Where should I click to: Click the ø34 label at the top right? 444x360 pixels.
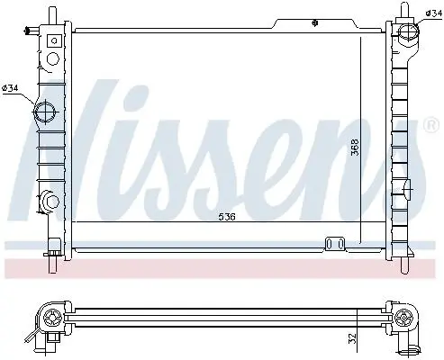[433, 13]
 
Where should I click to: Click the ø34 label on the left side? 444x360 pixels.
[10, 88]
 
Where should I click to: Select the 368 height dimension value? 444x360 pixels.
[355, 147]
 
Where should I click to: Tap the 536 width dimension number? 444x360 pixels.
[227, 216]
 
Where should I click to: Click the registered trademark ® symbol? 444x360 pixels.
[431, 125]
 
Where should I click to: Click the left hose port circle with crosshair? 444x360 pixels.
[45, 112]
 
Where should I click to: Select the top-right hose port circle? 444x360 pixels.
[408, 31]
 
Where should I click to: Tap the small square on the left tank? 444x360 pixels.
[54, 40]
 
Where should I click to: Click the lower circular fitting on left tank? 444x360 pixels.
[51, 202]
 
